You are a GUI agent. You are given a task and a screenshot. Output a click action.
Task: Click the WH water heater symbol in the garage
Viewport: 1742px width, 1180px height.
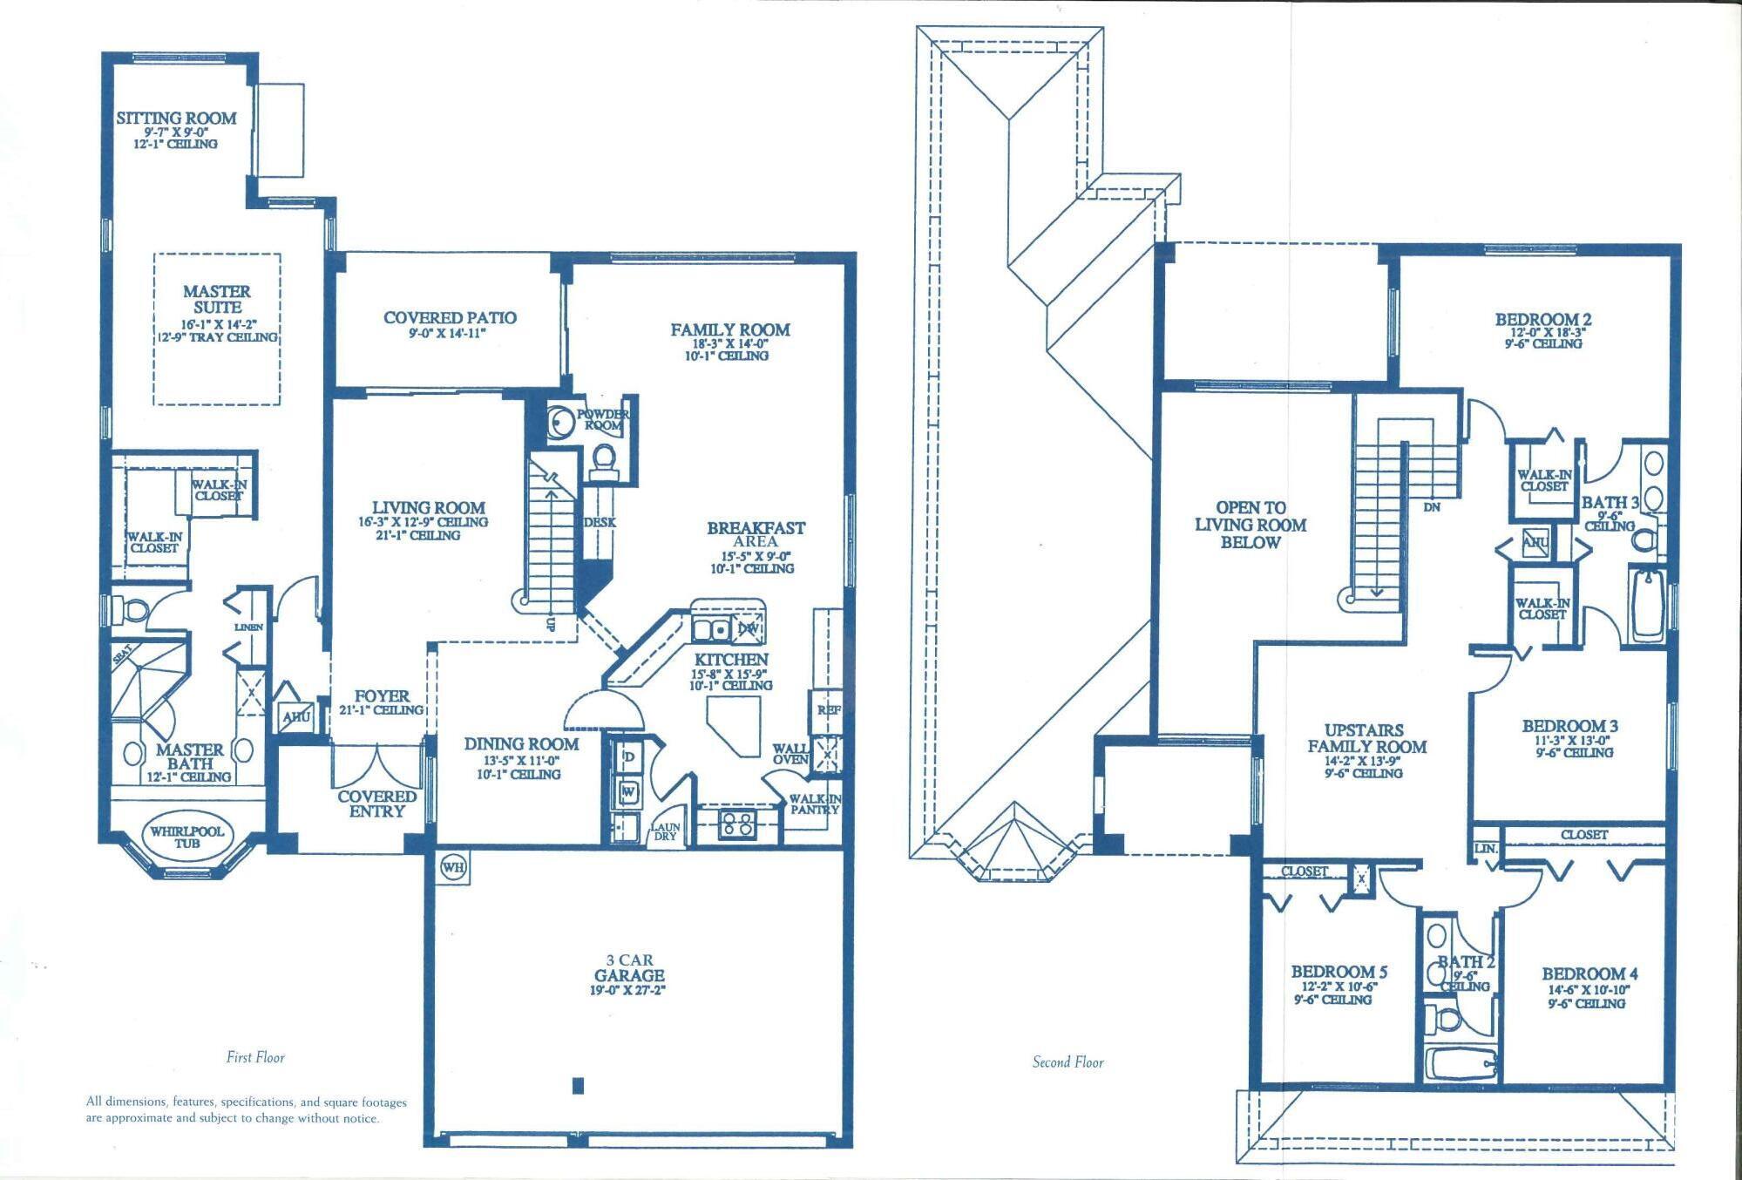pos(452,867)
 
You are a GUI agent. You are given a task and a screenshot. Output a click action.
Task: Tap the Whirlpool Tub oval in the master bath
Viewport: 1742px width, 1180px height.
pos(187,837)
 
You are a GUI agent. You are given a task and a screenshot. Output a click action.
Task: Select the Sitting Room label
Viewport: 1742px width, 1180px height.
pos(177,119)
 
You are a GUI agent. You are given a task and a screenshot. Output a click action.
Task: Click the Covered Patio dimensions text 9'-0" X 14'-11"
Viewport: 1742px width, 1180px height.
pos(447,334)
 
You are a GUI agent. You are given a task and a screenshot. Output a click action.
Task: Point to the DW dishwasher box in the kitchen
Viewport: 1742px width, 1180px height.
pos(748,627)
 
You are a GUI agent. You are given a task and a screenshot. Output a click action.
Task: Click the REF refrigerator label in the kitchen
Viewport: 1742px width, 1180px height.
pos(827,710)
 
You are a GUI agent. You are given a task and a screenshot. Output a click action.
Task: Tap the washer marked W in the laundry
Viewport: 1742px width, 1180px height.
pos(628,792)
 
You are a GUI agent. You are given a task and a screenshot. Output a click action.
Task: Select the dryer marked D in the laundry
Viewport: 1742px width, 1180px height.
pos(628,756)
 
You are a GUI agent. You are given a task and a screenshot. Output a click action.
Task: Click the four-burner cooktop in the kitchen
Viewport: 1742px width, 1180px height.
pos(736,824)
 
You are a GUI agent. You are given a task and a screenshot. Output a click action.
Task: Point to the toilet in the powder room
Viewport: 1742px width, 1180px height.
pos(602,458)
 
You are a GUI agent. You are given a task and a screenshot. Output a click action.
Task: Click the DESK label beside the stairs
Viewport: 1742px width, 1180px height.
pos(600,522)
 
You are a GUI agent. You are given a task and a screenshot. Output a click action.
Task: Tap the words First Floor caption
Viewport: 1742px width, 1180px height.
pos(255,1057)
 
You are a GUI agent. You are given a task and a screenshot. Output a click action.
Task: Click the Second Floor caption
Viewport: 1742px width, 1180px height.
pos(1068,1061)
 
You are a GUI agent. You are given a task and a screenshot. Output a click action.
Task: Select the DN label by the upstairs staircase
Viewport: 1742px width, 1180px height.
pos(1432,506)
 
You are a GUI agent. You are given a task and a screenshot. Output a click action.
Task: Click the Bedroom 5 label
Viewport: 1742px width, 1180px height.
pos(1339,972)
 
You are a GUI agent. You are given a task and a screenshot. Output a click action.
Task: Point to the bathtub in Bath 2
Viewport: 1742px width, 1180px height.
pos(1461,1064)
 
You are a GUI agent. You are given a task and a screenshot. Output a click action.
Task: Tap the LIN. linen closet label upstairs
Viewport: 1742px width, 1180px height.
pos(1486,849)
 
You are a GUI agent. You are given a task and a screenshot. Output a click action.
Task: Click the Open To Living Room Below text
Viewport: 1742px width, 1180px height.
pos(1250,525)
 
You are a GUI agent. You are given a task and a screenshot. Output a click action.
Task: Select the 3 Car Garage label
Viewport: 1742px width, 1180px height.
pos(629,968)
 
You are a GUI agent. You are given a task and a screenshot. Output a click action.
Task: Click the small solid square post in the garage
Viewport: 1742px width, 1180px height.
pos(578,1085)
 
